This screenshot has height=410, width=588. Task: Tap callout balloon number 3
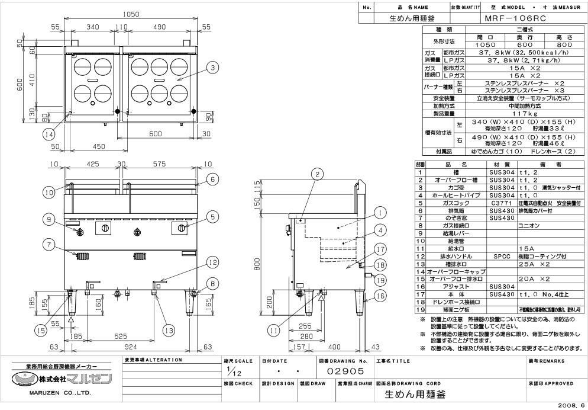coord(212,68)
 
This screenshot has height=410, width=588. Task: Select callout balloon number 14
coord(51,134)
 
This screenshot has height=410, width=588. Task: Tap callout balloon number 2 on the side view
coord(318,174)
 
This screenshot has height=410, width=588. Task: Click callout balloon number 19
coord(380,280)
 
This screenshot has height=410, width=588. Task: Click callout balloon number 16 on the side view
coord(380,294)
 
